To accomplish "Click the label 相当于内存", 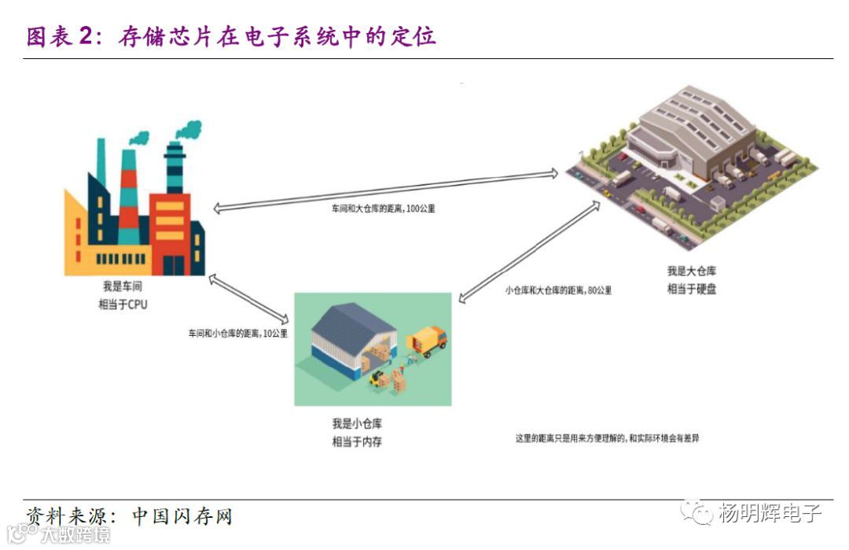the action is pyautogui.click(x=357, y=441).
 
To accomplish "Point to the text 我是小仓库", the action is pyautogui.click(x=357, y=424).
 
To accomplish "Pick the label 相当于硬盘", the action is pyautogui.click(x=692, y=289).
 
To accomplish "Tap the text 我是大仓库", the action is pyautogui.click(x=692, y=271).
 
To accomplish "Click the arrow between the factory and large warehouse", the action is pyautogui.click(x=385, y=190).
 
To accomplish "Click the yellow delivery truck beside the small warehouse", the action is pyautogui.click(x=428, y=341).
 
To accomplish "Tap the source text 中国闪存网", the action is pyautogui.click(x=182, y=517).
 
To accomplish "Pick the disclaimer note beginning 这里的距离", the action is pyautogui.click(x=607, y=438).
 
